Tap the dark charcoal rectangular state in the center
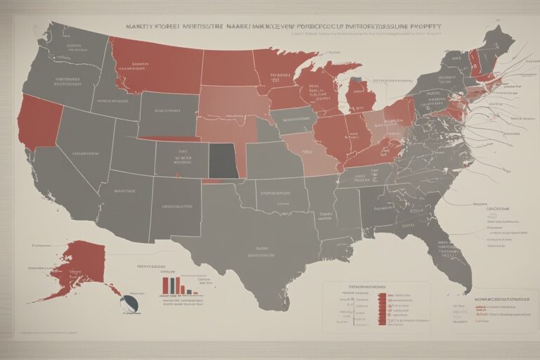[x=224, y=161]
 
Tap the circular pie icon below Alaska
[x=129, y=304]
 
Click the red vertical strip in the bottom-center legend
[x=382, y=309]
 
